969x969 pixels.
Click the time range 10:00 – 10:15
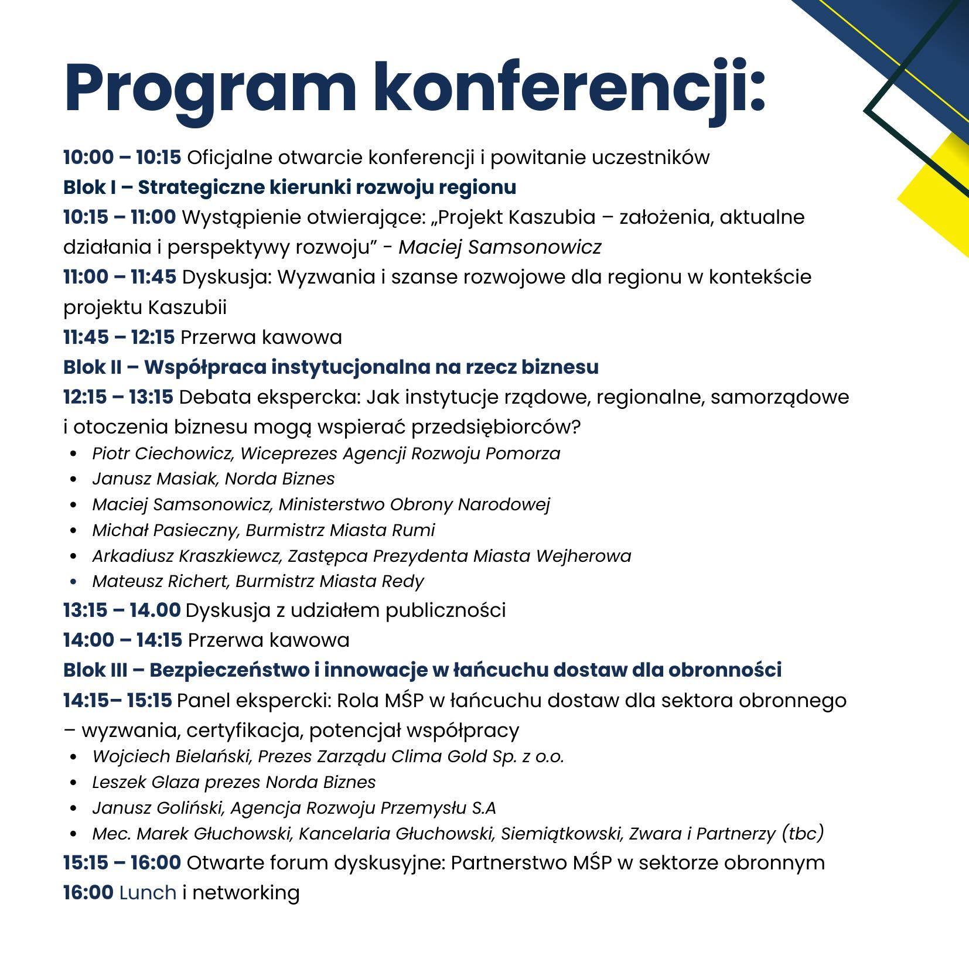coord(122,158)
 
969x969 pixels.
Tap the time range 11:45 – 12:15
coord(119,337)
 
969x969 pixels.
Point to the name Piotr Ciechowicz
coord(162,453)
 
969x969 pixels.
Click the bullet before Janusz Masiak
coord(73,479)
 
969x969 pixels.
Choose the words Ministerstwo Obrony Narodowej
coord(414,504)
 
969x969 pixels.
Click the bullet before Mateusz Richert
coord(73,582)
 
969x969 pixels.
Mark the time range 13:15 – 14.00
coord(122,610)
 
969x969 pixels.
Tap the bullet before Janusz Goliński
coord(73,808)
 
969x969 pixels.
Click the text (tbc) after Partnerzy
coord(803,833)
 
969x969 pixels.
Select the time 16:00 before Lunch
coord(88,892)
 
